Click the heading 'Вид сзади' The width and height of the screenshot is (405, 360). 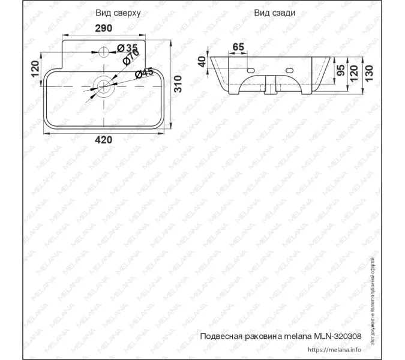[x=274, y=13]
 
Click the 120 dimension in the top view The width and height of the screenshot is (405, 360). [x=35, y=70]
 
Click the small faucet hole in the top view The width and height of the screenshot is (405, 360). [x=103, y=51]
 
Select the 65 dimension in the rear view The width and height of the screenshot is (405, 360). [x=238, y=46]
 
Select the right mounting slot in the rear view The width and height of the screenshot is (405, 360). [x=291, y=71]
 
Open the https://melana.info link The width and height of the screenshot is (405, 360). [x=334, y=349]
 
